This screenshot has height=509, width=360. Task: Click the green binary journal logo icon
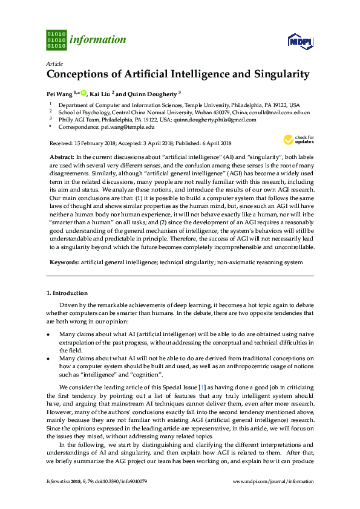(56, 39)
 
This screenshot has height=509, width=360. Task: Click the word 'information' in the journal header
(98, 40)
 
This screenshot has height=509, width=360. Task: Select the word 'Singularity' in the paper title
(279, 74)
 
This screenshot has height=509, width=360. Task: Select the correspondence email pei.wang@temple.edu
(127, 128)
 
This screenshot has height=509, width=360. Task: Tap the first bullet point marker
(48, 334)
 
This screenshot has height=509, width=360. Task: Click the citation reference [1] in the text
(209, 387)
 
